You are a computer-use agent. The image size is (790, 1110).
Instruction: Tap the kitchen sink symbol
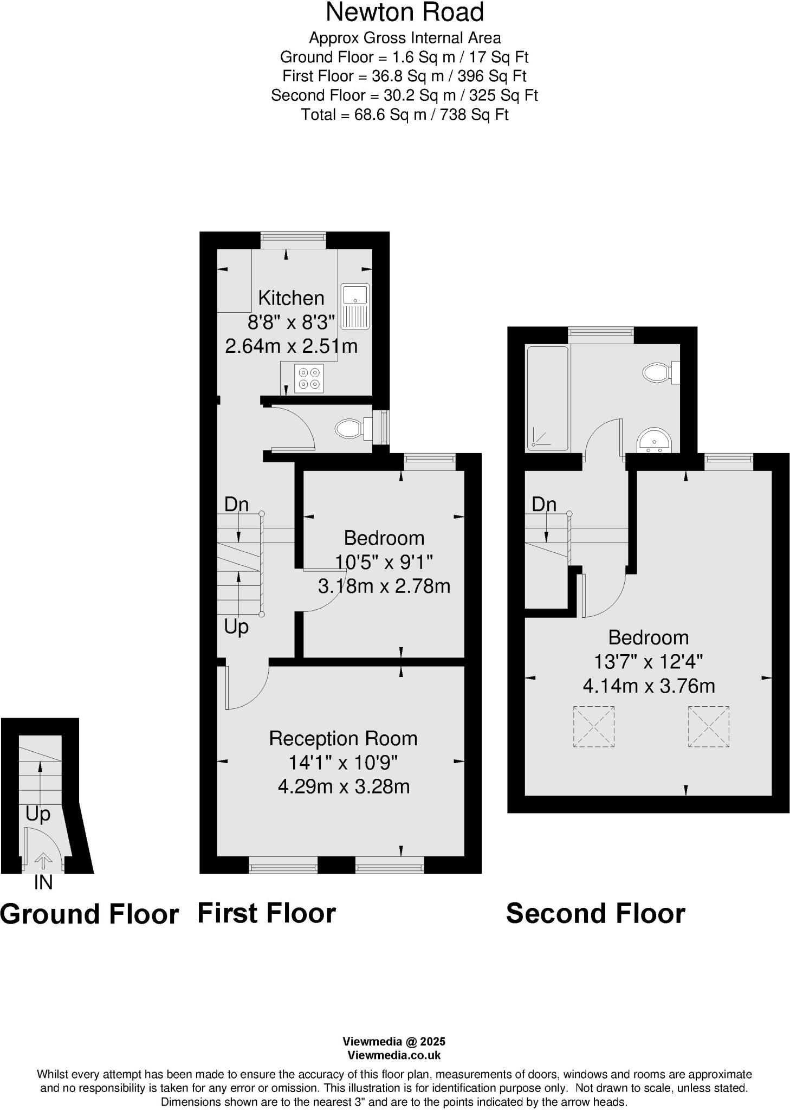[x=355, y=306]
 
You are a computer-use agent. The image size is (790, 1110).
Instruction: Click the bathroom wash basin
[x=655, y=440]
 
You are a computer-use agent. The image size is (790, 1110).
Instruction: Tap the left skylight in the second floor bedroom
[x=593, y=727]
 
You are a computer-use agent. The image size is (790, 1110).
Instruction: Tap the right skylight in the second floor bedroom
[x=708, y=727]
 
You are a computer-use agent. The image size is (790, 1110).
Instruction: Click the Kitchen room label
[x=291, y=298]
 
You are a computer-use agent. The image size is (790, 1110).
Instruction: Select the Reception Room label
[x=343, y=739]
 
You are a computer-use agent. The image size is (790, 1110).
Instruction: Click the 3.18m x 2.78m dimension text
[x=384, y=586]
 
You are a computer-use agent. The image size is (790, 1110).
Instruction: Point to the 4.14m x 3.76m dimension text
[x=649, y=686]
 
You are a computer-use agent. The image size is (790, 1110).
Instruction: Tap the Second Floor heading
[x=595, y=913]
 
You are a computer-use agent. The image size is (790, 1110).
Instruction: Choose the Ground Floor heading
[x=89, y=914]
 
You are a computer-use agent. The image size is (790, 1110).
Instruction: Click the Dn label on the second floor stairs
[x=544, y=505]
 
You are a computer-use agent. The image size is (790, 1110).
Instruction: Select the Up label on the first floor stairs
[x=236, y=627]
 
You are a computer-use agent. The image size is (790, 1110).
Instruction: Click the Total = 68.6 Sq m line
[x=405, y=115]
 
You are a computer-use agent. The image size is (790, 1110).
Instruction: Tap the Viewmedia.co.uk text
[x=394, y=1055]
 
